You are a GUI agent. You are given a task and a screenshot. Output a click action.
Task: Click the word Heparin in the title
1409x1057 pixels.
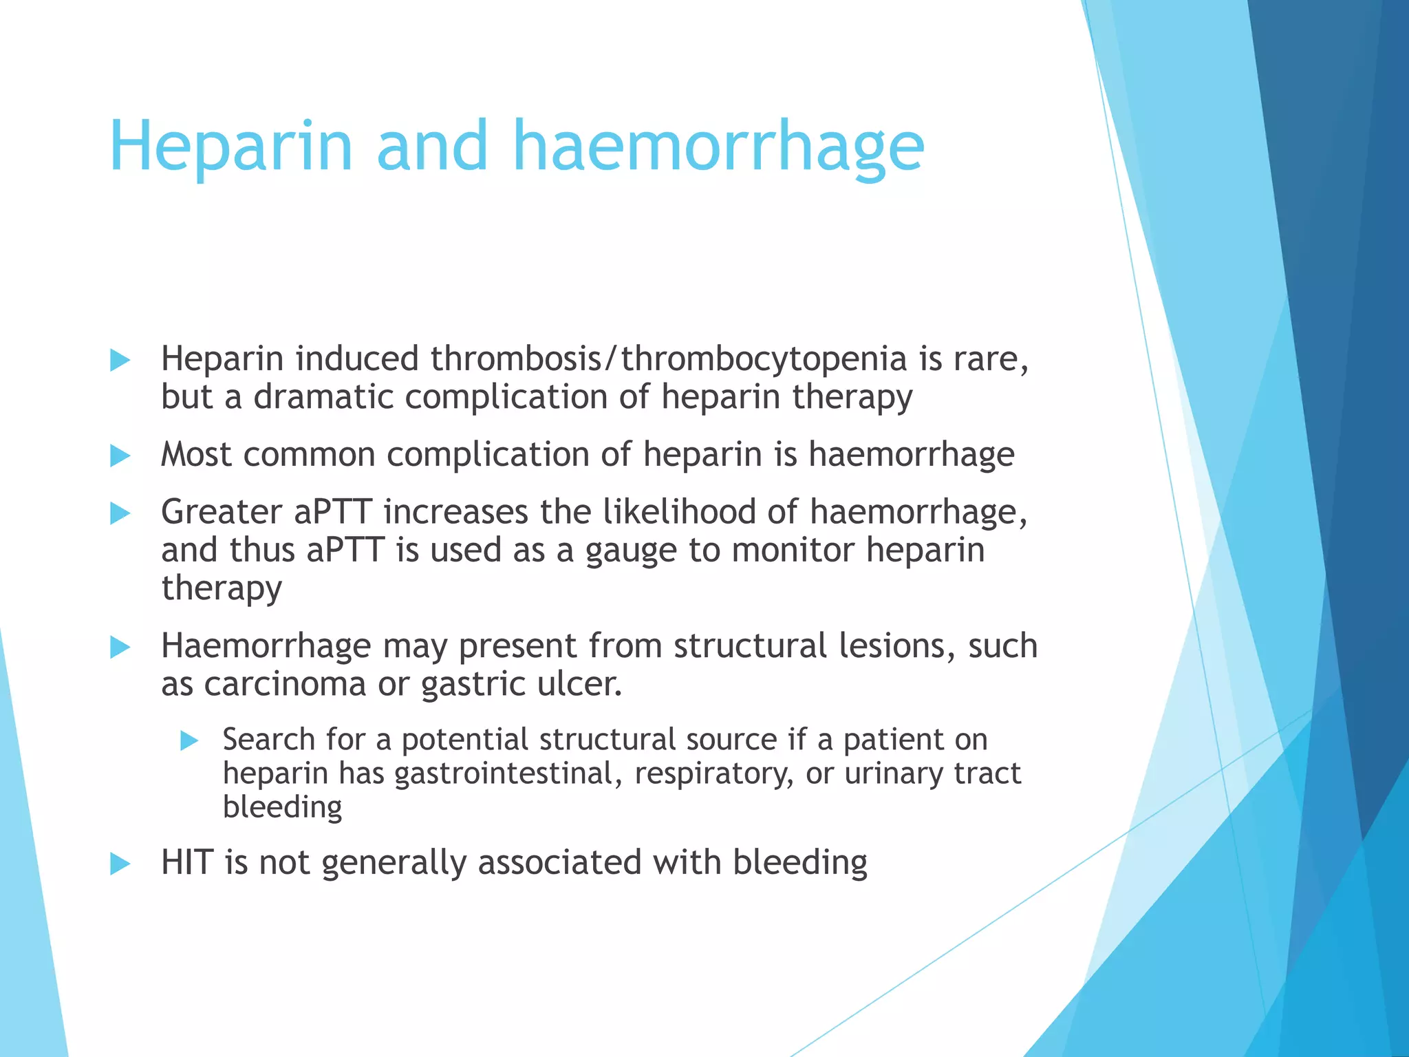[x=230, y=147]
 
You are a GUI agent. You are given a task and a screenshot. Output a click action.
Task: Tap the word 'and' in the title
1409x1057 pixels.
[x=432, y=147]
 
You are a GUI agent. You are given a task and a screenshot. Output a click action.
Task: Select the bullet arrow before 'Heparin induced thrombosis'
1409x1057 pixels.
[x=120, y=360]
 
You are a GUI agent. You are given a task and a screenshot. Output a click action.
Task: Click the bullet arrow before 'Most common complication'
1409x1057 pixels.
[x=120, y=456]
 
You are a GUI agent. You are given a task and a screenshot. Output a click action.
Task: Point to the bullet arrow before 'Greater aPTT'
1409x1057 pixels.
[x=120, y=513]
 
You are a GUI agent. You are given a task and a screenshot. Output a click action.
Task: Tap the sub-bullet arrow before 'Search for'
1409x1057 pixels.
[x=189, y=741]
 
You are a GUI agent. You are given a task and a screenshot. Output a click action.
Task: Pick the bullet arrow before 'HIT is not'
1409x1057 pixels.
[x=120, y=864]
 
